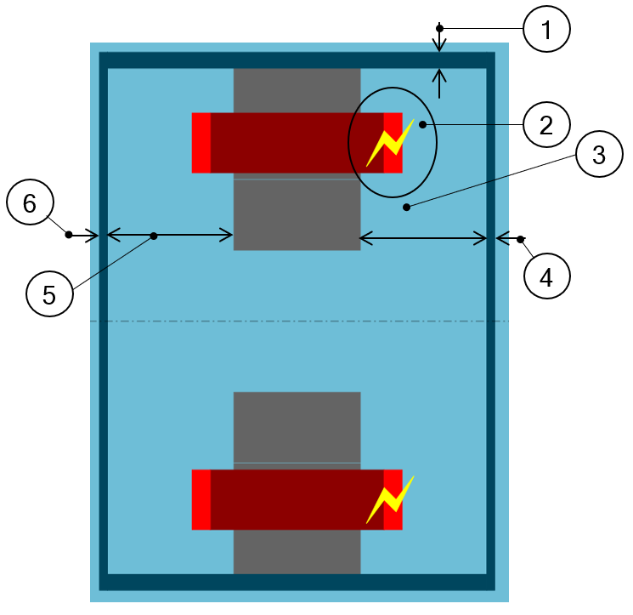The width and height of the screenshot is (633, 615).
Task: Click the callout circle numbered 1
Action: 546,31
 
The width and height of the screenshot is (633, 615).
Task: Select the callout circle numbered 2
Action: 546,125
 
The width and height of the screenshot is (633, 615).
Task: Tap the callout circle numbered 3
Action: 598,156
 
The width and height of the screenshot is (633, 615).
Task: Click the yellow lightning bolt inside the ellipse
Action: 390,142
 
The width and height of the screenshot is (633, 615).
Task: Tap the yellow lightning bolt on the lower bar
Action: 390,499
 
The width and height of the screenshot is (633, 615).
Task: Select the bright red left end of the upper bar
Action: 201,143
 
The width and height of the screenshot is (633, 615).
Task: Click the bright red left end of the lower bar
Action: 201,500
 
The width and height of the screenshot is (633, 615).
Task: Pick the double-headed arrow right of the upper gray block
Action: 424,240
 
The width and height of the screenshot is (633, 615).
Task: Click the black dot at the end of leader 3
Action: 407,207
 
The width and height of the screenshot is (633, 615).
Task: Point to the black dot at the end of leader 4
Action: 521,239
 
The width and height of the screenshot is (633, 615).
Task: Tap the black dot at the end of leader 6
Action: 70,235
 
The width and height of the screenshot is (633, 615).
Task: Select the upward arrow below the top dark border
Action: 439,83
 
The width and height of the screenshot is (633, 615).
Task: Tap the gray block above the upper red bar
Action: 297,90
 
